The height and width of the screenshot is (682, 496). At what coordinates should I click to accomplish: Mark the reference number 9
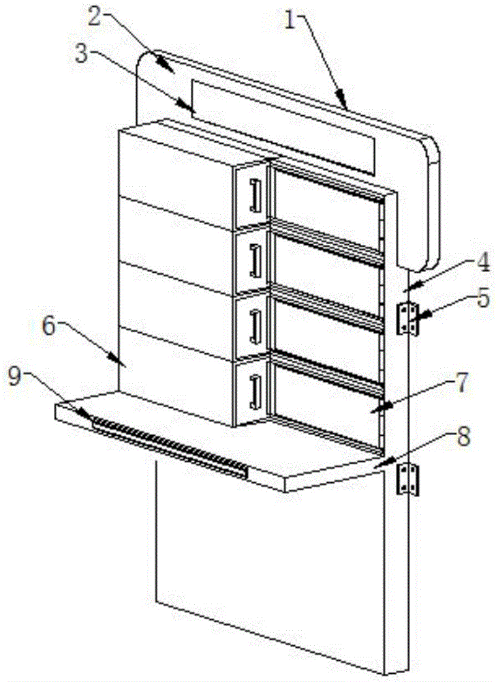[x=16, y=376]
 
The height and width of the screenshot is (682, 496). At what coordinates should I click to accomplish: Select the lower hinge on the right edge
[x=407, y=479]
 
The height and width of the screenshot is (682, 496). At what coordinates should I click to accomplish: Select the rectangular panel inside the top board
[x=283, y=127]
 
